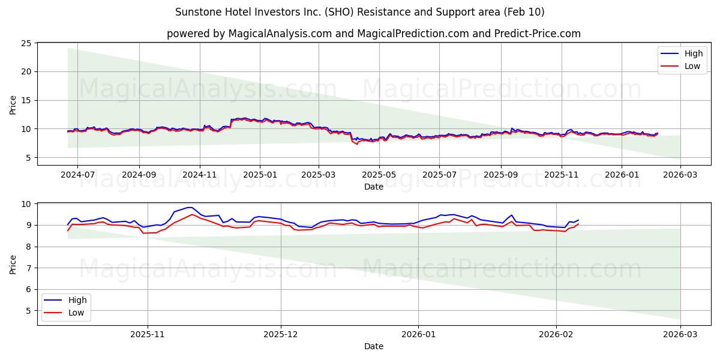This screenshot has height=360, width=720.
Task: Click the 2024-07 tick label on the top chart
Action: click(x=77, y=175)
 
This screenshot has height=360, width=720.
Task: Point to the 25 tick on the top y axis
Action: click(x=26, y=43)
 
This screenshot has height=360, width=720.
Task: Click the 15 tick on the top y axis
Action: click(x=26, y=100)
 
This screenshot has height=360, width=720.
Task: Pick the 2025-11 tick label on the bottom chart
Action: click(x=148, y=335)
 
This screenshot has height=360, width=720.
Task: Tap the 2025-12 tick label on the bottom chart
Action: click(x=281, y=335)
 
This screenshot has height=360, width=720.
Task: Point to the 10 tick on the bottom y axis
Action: click(x=26, y=204)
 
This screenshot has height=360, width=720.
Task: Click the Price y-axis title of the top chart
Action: click(x=13, y=104)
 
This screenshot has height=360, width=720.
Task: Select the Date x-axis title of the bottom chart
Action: click(x=373, y=346)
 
